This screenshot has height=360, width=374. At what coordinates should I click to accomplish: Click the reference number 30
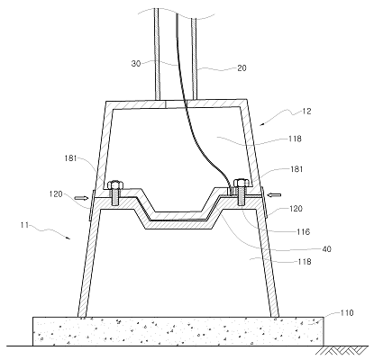coord(136,64)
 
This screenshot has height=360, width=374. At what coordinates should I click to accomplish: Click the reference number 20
coord(242,68)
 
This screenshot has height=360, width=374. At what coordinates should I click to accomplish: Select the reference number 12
coord(306,112)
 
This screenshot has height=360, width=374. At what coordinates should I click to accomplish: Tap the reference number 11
coord(25,224)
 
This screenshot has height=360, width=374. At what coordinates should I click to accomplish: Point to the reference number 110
coord(347,313)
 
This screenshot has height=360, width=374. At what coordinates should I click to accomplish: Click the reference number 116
coord(303,231)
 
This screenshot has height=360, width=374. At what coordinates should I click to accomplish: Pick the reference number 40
coord(326,249)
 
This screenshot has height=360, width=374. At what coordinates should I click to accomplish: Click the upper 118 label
coord(295,139)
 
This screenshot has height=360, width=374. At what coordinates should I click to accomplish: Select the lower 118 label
coord(305,262)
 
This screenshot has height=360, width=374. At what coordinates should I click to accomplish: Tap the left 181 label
coord(71,158)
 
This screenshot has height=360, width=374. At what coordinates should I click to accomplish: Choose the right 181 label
coord(296,169)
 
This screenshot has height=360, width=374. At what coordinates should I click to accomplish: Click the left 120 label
coord(56,194)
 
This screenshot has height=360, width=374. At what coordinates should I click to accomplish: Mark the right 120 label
coord(296,209)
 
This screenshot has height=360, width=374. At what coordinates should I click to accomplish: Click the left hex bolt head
coord(115,184)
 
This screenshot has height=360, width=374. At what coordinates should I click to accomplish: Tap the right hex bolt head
coord(242,183)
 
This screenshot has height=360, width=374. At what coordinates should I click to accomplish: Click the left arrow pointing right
coord(81,198)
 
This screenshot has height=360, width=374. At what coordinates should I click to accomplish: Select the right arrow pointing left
coord(274,195)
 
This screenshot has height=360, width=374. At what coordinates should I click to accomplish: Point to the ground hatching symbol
coord(343,350)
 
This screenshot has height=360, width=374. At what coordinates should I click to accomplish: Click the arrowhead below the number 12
coord(261,123)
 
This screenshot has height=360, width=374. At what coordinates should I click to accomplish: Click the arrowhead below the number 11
coord(68,238)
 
